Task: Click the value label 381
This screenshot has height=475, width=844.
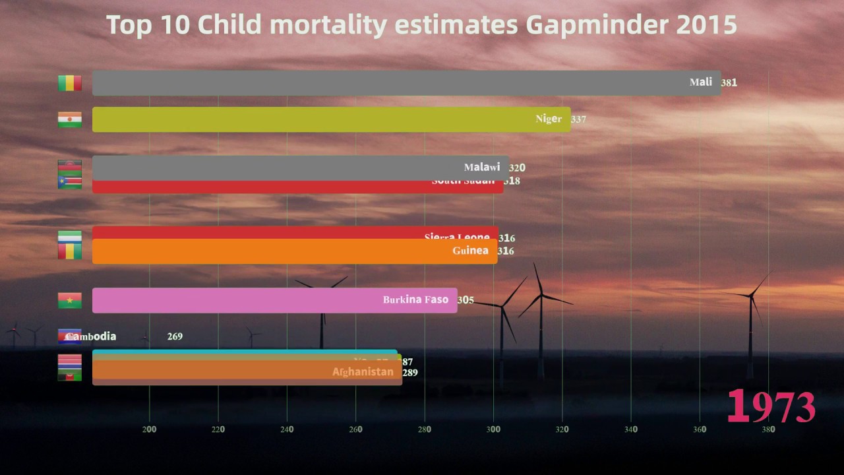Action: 729,83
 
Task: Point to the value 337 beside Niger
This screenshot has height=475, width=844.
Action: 578,119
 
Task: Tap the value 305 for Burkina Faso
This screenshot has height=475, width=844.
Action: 466,300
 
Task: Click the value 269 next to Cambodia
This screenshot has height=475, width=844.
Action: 175,336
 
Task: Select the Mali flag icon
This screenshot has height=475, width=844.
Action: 70,83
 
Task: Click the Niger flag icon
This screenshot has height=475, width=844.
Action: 70,119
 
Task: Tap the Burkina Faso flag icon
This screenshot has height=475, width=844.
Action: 70,300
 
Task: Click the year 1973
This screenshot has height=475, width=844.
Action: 771,407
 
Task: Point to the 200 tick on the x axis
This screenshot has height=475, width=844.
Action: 150,429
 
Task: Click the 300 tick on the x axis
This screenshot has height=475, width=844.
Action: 493,429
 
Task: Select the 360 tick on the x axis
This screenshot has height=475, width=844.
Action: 700,429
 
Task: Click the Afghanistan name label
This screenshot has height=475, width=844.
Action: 363,372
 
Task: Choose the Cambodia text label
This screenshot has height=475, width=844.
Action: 91,336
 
